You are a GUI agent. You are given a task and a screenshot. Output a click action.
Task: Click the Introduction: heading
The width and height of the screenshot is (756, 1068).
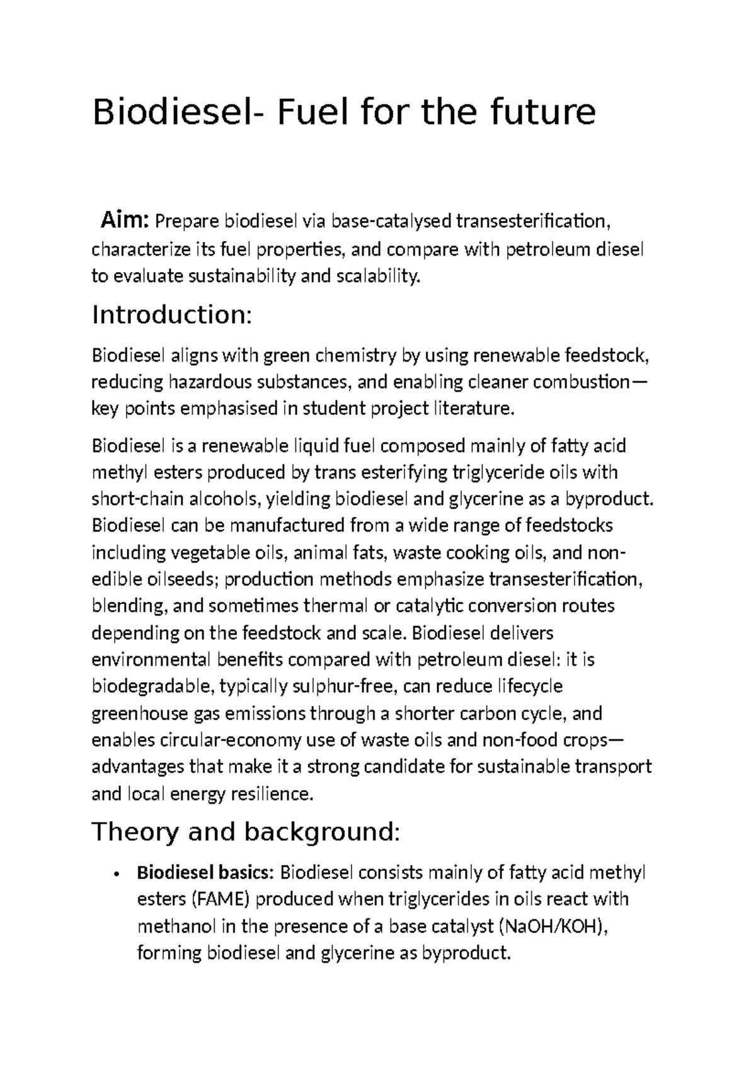tap(172, 314)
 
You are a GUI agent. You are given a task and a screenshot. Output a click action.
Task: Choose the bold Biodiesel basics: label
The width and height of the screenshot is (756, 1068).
tap(205, 873)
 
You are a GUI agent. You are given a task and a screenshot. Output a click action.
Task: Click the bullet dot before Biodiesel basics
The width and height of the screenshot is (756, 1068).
tap(118, 874)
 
